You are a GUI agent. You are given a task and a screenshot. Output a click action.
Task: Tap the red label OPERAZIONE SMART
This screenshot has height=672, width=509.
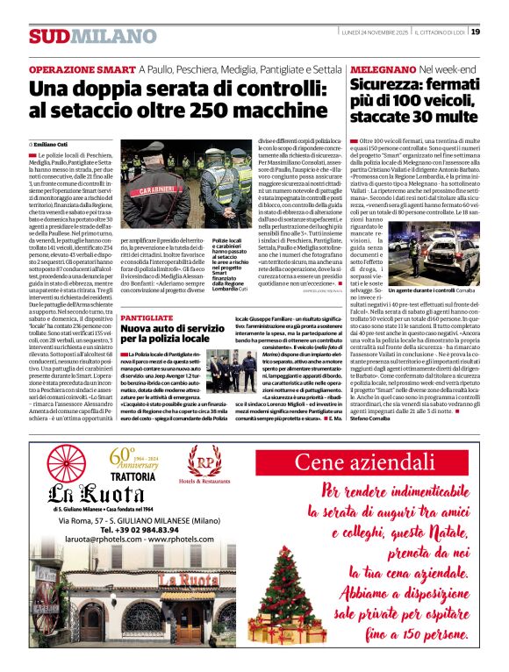click(82, 68)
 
